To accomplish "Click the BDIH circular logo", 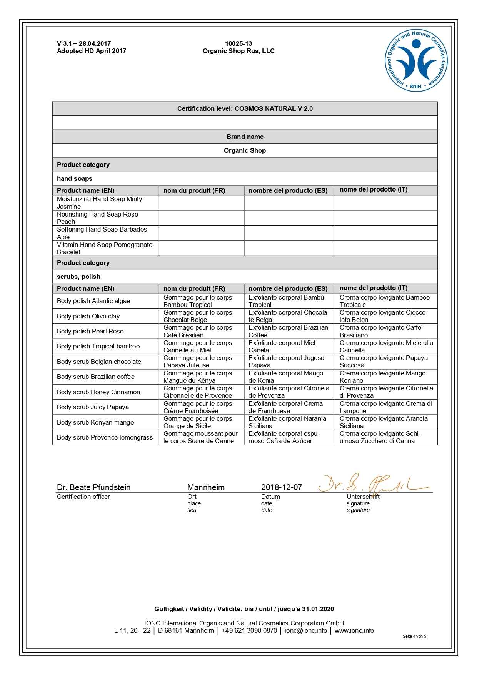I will click(x=416, y=60).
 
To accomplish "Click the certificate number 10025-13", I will click(x=239, y=43).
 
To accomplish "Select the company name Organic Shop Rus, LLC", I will click(x=239, y=51).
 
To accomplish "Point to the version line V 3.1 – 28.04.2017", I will click(x=84, y=43).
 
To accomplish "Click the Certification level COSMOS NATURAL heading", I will click(x=245, y=108).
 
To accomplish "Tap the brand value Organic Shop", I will click(x=245, y=150).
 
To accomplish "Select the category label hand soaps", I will click(x=75, y=178).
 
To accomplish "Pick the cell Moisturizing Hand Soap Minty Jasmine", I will click(x=99, y=203).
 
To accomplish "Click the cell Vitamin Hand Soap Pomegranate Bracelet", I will click(x=104, y=248).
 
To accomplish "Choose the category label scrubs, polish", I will click(x=78, y=277).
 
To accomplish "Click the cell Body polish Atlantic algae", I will click(x=93, y=301).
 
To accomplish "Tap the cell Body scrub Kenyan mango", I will click(x=95, y=422).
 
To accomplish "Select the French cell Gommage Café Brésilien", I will click(x=198, y=331).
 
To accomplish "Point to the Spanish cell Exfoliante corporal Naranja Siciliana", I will click(x=287, y=422).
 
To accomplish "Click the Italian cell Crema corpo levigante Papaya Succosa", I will click(x=384, y=362).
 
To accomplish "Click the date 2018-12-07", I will click(x=281, y=487).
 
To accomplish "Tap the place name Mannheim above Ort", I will click(x=206, y=487).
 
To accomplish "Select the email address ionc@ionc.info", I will click(x=306, y=630).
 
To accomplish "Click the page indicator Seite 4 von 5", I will click(x=414, y=636).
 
